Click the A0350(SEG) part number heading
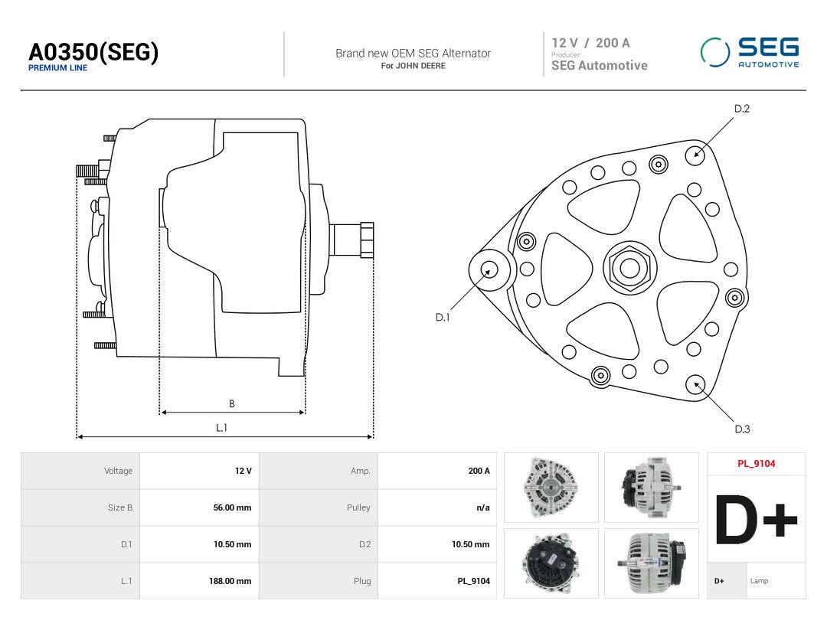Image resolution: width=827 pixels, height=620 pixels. click(93, 52)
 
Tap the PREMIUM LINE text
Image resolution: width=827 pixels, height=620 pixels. click(58, 68)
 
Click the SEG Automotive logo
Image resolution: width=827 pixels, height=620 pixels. click(750, 52)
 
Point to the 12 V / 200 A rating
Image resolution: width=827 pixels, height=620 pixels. click(590, 43)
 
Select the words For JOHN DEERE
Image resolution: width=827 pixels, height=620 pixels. click(413, 66)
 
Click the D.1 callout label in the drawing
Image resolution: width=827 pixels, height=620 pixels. click(443, 318)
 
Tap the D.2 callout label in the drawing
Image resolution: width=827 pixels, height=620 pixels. click(741, 109)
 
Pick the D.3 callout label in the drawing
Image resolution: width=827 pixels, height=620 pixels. click(742, 429)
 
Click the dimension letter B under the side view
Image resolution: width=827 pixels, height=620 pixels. click(232, 404)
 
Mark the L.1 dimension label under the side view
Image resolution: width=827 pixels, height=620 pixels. click(221, 428)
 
